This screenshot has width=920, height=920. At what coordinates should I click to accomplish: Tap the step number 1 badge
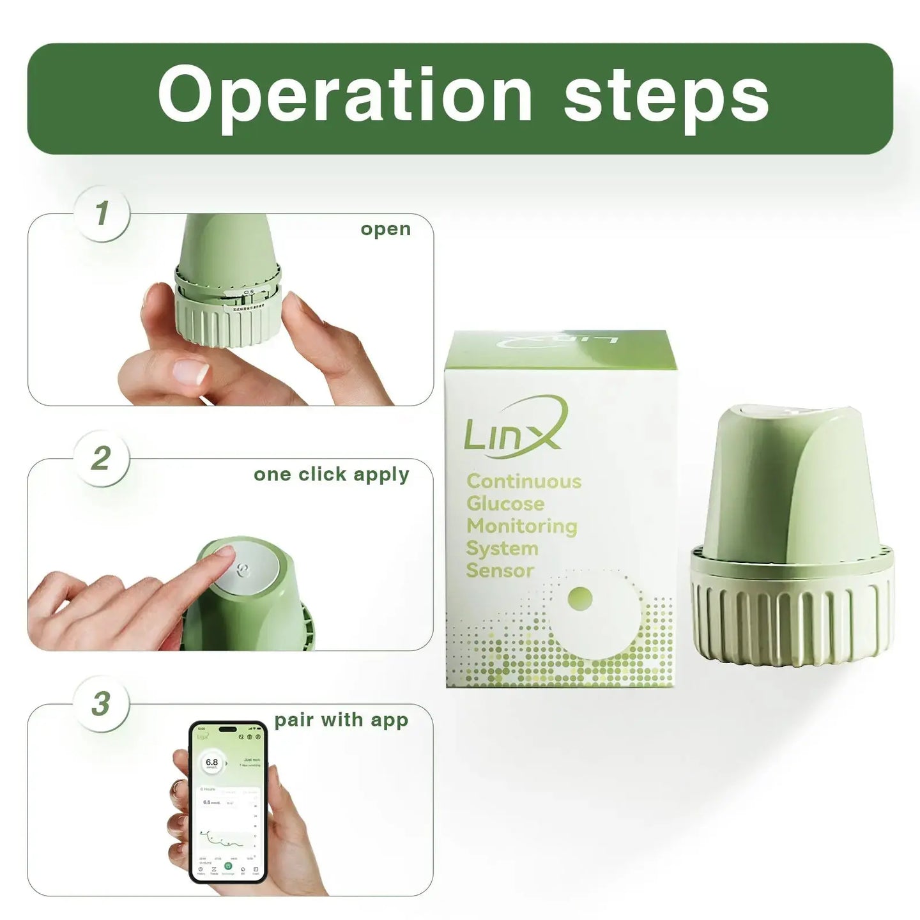(x=102, y=213)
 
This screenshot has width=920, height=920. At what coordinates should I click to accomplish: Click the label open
(x=385, y=229)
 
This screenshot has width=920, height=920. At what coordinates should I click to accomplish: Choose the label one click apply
(x=331, y=475)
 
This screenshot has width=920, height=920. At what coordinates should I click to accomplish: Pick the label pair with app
(x=341, y=720)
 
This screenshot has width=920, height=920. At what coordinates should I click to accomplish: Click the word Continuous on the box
(x=524, y=481)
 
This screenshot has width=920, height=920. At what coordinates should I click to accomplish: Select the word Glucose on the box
(x=505, y=503)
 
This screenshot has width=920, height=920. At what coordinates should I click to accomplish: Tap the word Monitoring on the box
(x=521, y=526)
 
